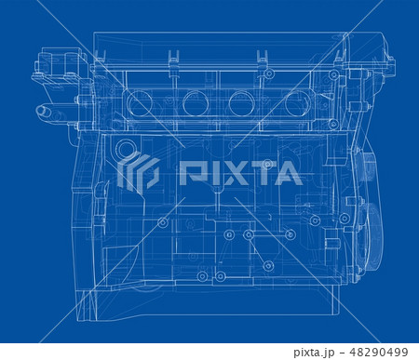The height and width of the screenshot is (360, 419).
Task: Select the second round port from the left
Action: click(196, 103)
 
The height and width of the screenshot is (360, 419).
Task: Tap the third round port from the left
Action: click(244, 103)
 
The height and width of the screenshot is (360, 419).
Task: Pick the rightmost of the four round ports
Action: click(298, 103)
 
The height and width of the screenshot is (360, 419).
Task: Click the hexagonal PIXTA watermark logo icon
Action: click(138, 172)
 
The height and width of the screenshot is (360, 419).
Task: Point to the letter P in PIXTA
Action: click(191, 173)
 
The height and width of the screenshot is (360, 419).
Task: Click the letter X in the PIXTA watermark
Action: click(235, 173)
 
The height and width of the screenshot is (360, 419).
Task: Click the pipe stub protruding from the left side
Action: click(45, 112)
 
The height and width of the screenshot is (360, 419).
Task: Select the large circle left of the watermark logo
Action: click(125, 149)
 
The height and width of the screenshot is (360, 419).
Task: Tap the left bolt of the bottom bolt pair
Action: click(202, 276)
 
